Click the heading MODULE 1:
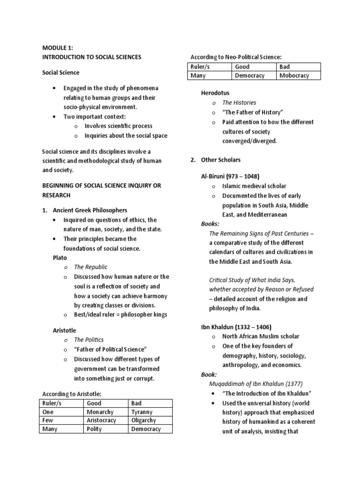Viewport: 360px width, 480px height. tap(58, 48)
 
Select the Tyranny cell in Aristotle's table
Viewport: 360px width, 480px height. tap(142, 412)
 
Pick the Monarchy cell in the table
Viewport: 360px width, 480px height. tap(100, 412)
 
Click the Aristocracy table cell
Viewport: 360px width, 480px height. tap(101, 420)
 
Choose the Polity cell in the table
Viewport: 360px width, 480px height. tap(94, 429)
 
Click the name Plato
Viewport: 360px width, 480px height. tap(60, 258)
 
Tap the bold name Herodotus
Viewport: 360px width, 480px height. tap(215, 93)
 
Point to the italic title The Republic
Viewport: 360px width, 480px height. tap(90, 267)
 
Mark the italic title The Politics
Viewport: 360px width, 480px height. tap(89, 340)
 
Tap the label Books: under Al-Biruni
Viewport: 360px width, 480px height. tap(210, 224)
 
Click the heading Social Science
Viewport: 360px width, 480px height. tap(61, 73)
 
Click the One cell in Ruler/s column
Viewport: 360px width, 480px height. tap(48, 412)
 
